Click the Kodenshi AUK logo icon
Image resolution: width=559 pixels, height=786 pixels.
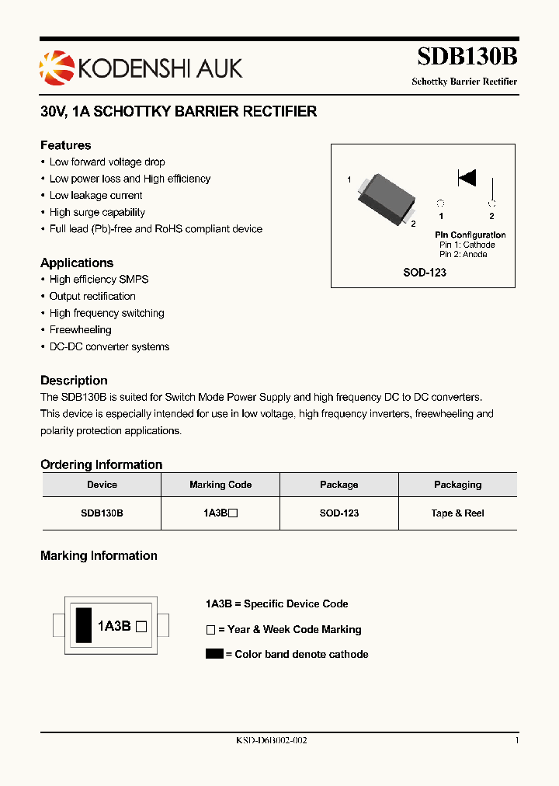point(57,68)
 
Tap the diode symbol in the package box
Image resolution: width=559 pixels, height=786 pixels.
point(467,178)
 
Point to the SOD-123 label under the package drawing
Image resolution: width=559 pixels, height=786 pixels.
point(425,273)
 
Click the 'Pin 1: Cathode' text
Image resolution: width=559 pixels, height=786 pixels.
point(467,245)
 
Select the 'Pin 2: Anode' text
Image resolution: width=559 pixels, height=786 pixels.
point(464,254)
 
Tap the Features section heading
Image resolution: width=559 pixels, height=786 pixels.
point(65,145)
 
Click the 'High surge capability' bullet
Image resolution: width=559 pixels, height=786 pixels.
point(97,212)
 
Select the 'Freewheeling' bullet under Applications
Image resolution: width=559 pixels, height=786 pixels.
point(80,330)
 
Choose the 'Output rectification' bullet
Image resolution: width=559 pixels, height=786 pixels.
point(92,296)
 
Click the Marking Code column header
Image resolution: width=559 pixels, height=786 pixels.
point(220,485)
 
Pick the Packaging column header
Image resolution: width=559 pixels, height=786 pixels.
point(457,485)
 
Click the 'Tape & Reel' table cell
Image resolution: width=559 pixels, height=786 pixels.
point(457,513)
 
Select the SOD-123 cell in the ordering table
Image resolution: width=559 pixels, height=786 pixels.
point(339,513)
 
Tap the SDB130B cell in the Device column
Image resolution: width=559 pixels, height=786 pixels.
point(102,513)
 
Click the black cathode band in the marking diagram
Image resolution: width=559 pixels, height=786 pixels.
point(82,624)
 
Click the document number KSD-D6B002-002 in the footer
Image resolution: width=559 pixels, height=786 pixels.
point(272,741)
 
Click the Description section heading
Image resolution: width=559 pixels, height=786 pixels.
point(74,381)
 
